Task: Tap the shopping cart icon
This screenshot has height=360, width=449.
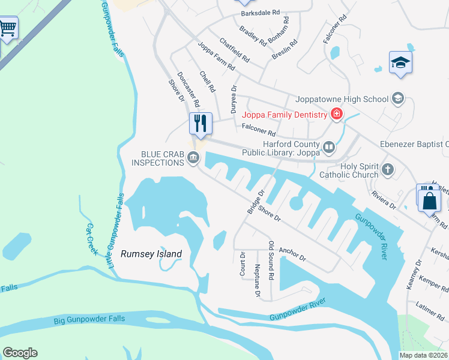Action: click(8, 28)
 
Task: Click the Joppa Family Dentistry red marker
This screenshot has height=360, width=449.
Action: click(336, 115)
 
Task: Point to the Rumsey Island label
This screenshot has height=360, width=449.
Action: click(151, 254)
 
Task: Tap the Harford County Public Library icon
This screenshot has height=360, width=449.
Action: click(328, 147)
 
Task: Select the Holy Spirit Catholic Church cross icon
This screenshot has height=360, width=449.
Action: click(388, 170)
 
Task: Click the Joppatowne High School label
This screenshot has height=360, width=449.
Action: click(343, 100)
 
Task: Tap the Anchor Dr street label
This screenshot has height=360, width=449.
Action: click(293, 254)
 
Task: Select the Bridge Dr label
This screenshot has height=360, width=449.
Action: click(256, 202)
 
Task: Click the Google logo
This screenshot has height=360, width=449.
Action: click(20, 353)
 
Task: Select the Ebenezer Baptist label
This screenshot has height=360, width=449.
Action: click(414, 144)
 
